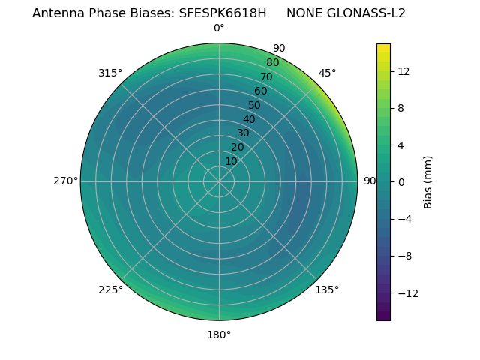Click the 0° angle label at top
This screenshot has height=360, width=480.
coord(219,28)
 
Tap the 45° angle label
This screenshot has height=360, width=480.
coord(327,73)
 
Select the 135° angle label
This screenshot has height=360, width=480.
coord(327,289)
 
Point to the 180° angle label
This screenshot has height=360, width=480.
coord(219,334)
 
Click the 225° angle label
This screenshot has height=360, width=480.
coord(110,289)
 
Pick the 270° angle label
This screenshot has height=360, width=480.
coord(65,181)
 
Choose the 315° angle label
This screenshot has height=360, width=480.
coord(110,73)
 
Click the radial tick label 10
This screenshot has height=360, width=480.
coord(231,161)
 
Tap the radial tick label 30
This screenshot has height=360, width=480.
coord(243,133)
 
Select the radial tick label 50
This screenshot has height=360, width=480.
coord(255,106)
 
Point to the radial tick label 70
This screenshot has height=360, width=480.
coord(267,77)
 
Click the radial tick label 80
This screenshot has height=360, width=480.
coord(272,63)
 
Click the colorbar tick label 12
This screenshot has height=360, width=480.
coord(403,71)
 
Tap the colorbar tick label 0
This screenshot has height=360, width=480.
coord(401,182)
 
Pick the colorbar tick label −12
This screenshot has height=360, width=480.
coord(405,293)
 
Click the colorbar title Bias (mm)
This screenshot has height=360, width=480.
coord(428,182)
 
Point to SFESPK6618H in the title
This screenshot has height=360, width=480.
coord(223,13)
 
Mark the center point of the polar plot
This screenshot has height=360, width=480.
coord(219,181)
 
